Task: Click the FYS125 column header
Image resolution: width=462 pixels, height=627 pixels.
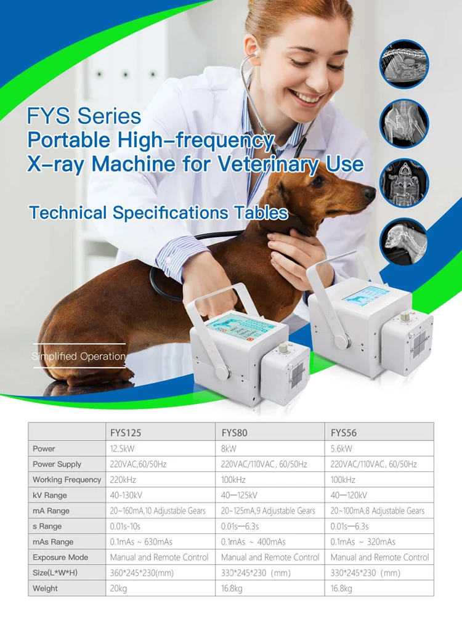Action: tap(126, 432)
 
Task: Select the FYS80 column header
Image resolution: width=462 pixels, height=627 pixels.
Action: tap(235, 432)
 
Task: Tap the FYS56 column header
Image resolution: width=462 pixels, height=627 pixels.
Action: tap(344, 432)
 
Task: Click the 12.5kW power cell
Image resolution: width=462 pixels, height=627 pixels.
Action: tap(122, 448)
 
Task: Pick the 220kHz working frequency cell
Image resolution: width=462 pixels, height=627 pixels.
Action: tap(123, 479)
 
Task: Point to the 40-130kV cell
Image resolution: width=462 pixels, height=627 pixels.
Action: tap(126, 495)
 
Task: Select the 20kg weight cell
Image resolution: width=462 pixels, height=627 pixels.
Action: tap(118, 588)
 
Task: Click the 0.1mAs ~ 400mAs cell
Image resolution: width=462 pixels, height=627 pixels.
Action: tap(253, 542)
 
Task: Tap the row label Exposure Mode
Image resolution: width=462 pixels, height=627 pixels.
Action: tap(60, 557)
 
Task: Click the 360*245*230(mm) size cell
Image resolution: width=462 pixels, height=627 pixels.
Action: tap(142, 573)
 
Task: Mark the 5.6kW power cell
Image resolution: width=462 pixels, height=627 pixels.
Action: tap(341, 448)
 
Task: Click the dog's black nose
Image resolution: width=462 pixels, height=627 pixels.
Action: tap(370, 193)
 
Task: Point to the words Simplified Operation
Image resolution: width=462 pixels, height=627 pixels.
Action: tap(78, 356)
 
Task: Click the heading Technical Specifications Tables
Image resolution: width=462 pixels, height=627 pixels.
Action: tap(158, 212)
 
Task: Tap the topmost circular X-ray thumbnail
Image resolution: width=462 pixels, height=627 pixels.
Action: tap(404, 64)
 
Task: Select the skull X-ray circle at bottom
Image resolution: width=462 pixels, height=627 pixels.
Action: tap(403, 242)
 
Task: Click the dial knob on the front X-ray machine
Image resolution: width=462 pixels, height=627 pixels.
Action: tap(283, 348)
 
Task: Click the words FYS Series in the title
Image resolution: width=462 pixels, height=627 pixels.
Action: tap(84, 116)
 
